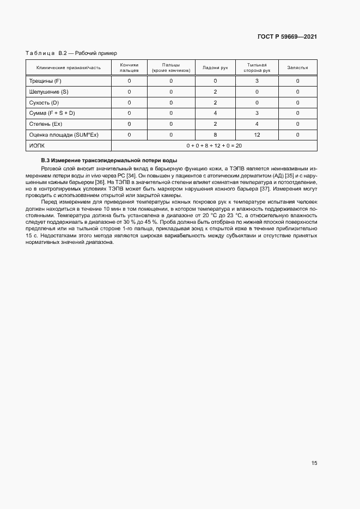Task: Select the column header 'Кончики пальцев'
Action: coord(129,68)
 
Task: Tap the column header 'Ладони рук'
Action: coord(215,68)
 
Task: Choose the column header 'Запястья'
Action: coord(297,68)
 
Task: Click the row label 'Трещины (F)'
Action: coord(45,81)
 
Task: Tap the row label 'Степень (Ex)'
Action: coord(45,124)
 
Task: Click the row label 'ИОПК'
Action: coord(36,145)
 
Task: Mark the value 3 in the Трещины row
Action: coord(257,81)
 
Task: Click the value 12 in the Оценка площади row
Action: coord(257,134)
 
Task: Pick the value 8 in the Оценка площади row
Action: coord(215,134)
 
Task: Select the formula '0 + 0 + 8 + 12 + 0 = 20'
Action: coord(214,145)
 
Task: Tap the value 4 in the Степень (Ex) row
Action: coord(257,124)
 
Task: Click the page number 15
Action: coord(314,463)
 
